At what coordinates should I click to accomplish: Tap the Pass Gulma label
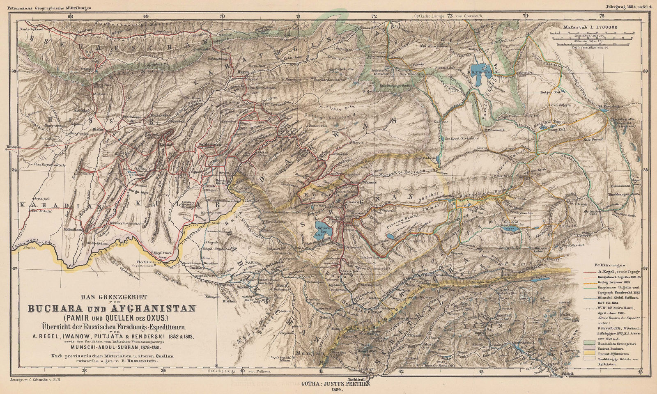tap(593, 140)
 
